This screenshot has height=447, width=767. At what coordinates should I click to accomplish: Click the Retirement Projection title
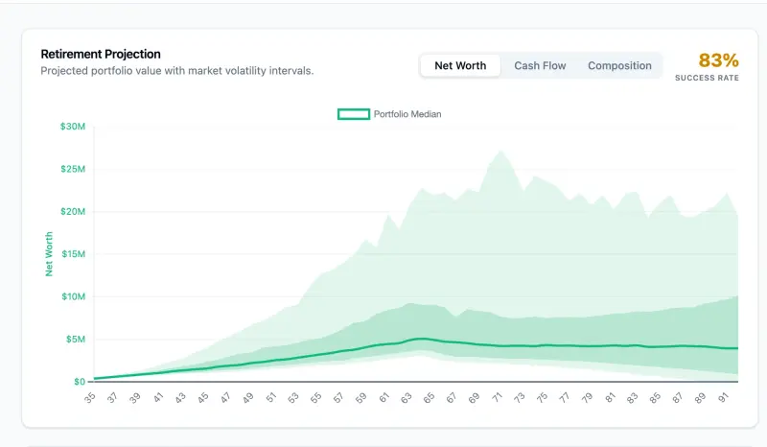(x=101, y=54)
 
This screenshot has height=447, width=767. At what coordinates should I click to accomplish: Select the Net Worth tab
(x=460, y=66)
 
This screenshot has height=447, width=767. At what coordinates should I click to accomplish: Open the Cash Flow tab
(x=540, y=66)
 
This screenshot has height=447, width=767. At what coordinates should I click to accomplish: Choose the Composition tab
(x=619, y=66)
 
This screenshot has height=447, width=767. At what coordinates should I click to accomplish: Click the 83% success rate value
(x=718, y=60)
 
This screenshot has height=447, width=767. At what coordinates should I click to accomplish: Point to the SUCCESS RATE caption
(x=707, y=78)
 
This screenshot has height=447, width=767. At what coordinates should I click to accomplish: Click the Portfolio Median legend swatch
(x=354, y=114)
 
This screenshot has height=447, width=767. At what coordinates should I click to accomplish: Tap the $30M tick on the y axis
(x=73, y=127)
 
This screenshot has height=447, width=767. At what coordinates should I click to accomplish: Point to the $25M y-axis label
(x=73, y=169)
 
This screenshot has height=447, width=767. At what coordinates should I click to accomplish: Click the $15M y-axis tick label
(x=73, y=254)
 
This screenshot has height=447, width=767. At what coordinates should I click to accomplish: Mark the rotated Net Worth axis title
(x=50, y=253)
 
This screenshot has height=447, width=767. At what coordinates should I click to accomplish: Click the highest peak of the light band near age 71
(x=500, y=152)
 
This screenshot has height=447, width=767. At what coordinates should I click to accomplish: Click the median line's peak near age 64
(x=422, y=339)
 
